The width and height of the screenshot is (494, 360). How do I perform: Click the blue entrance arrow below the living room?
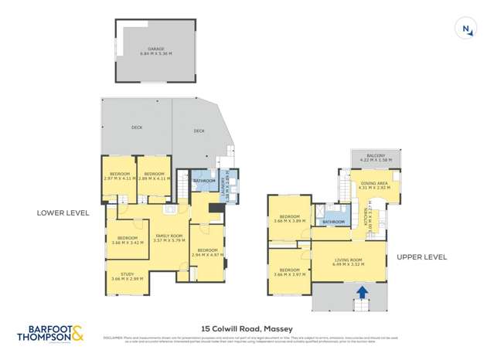(x=362, y=293)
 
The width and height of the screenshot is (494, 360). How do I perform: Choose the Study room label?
(x=128, y=276)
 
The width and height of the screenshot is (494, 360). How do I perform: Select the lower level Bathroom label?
(x=204, y=181)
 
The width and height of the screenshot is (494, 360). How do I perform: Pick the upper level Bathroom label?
(x=334, y=222)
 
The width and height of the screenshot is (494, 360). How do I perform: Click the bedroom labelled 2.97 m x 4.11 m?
(x=120, y=176)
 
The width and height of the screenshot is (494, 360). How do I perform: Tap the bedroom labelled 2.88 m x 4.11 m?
(x=154, y=176)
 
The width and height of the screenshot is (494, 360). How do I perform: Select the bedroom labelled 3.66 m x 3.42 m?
(x=128, y=240)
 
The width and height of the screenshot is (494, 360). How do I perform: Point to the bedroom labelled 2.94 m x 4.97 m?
(x=206, y=252)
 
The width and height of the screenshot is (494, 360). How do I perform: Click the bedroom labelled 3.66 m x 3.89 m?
(x=289, y=219)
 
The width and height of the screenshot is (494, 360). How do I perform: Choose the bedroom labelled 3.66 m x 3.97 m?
(x=289, y=272)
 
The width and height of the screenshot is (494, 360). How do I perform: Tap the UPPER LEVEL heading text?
(x=422, y=256)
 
